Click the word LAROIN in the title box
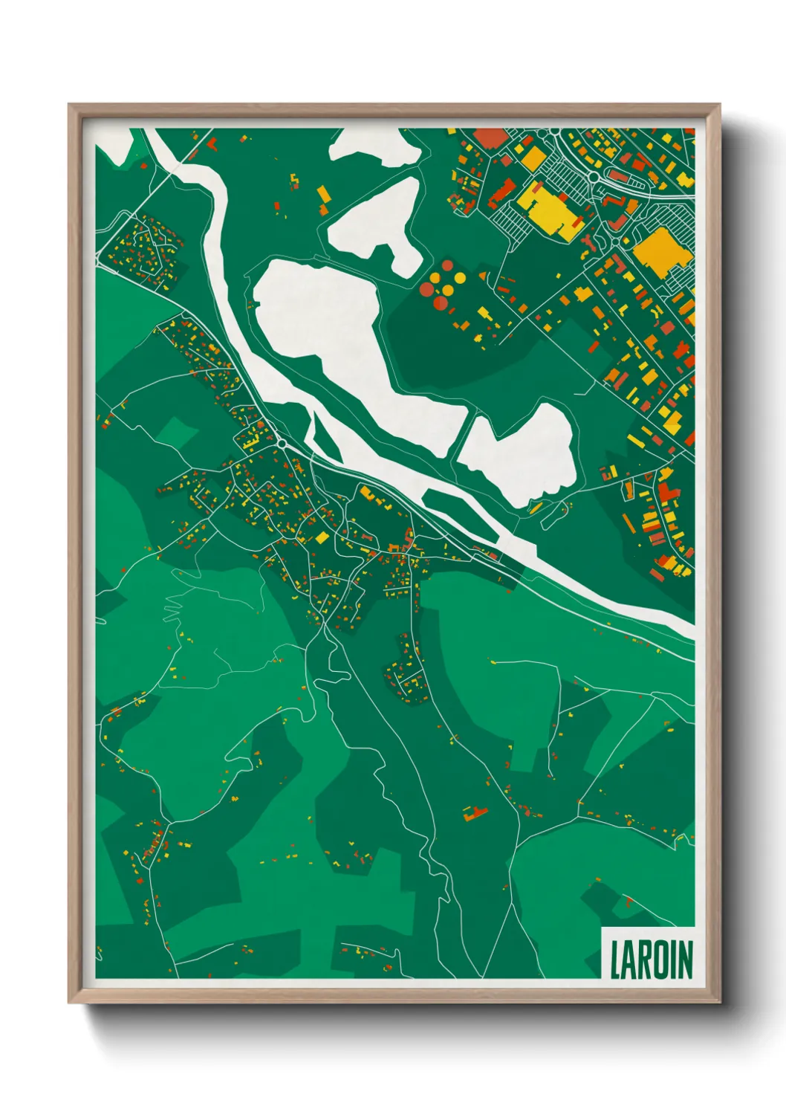651,960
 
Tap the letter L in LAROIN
616,960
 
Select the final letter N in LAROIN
684,960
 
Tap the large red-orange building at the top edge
490,138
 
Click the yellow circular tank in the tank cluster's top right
460,278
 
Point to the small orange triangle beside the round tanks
482,276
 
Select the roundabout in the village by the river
282,444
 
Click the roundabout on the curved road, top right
594,177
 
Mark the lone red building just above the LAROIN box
629,902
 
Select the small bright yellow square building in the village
322,537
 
